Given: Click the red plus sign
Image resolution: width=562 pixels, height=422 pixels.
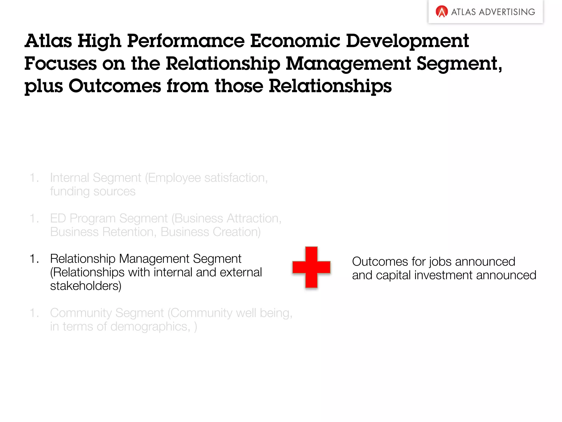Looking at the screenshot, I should click(311, 267).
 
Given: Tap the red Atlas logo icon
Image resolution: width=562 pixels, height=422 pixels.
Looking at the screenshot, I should click(442, 12).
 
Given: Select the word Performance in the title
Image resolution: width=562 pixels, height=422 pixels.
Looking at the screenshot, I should click(186, 41).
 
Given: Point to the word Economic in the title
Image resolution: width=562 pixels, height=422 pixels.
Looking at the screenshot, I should click(295, 41).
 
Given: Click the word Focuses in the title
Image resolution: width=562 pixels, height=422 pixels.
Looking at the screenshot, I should click(60, 63).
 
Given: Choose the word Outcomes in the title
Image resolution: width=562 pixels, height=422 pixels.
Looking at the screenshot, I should click(114, 86).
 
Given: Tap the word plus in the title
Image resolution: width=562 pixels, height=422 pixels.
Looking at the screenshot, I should click(44, 87).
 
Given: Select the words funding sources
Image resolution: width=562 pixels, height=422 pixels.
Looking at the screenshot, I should click(93, 191).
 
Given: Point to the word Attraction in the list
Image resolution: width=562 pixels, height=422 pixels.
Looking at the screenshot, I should click(254, 218).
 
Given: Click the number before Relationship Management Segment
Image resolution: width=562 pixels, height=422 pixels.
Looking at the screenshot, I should click(34, 259).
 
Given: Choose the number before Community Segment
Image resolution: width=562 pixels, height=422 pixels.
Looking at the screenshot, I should click(34, 313).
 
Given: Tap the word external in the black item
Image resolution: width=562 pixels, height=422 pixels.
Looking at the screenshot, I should click(241, 273).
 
